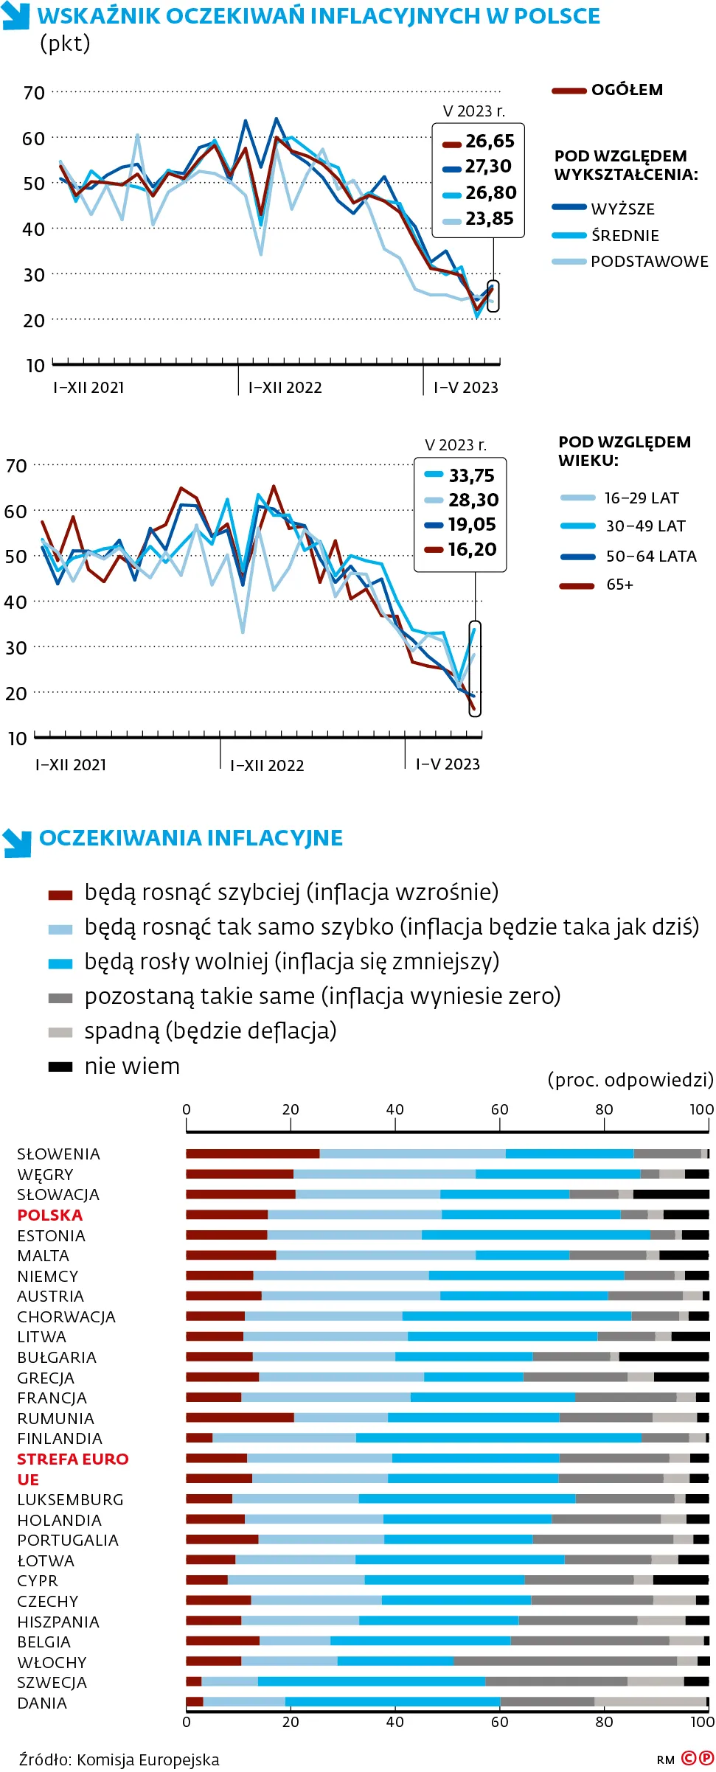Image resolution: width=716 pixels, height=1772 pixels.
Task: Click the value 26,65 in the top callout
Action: point(490,141)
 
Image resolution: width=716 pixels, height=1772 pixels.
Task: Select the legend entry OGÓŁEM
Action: point(626,90)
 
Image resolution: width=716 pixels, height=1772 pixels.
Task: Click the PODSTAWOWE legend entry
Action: point(648,262)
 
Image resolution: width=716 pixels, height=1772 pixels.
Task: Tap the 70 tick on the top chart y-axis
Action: point(35,93)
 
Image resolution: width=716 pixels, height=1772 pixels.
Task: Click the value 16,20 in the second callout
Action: point(472,549)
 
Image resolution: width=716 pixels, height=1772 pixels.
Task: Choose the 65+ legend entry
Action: point(619,585)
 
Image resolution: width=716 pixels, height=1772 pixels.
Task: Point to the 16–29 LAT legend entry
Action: point(641,498)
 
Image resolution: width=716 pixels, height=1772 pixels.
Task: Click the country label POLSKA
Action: point(50,1215)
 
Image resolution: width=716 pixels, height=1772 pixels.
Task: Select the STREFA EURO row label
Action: point(73,1459)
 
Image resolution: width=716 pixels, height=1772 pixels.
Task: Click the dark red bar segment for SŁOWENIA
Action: point(252,1154)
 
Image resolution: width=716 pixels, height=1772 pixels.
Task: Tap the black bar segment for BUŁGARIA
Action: point(664,1357)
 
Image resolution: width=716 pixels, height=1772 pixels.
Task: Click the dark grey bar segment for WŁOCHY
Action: point(565,1661)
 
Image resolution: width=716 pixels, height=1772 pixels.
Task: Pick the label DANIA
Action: point(42,1703)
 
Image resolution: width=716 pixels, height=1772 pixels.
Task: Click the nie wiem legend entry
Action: point(132,1066)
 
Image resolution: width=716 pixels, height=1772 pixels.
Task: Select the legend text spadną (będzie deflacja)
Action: point(210,1030)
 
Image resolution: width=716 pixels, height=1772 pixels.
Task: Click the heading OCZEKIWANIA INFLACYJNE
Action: point(191,838)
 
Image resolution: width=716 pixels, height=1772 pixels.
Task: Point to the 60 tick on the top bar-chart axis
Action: point(499,1109)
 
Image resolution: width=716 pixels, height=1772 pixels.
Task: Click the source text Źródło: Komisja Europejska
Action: point(119,1759)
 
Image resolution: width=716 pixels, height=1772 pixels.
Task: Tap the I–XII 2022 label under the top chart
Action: point(285,388)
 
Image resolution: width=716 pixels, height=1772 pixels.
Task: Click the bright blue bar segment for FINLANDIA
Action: point(498,1438)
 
